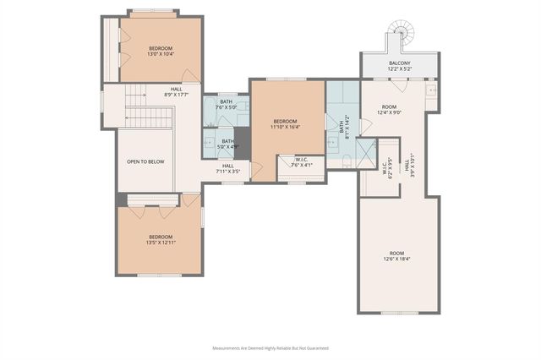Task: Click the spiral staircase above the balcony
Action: tap(398, 36)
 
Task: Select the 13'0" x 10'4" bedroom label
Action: tap(161, 51)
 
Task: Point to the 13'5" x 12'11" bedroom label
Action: tap(161, 240)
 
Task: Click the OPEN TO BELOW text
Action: tap(145, 161)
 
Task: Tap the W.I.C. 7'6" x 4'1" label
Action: tap(302, 162)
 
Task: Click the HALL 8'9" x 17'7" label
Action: tap(176, 92)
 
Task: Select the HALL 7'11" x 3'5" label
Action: tap(228, 168)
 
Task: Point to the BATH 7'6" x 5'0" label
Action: tap(226, 105)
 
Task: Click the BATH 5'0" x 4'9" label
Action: tap(227, 144)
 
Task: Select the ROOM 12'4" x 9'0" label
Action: tap(389, 109)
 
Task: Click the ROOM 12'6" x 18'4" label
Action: tap(396, 256)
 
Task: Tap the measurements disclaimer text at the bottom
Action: tap(270, 347)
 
